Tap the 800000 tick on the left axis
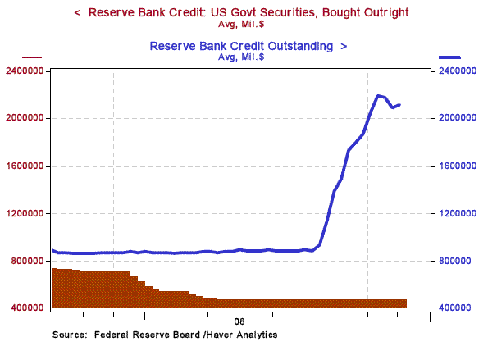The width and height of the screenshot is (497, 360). coord(28,262)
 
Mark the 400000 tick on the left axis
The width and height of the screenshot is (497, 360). coord(28,308)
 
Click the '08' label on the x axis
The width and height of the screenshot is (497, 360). coord(239,321)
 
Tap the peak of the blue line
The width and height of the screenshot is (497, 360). coord(378,96)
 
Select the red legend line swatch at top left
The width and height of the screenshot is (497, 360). coord(31,57)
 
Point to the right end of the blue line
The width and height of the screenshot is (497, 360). coord(399,104)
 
